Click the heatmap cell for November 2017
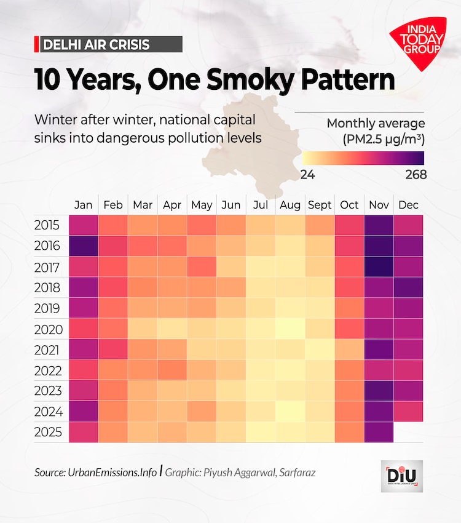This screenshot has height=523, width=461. pos(379,266)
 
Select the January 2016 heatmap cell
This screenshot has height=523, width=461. pos(84,246)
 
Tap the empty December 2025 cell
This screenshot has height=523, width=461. pos(408,432)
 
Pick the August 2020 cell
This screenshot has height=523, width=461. pos(290,329)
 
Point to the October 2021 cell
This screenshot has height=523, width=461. pos(349,349)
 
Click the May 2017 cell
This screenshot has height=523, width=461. pos(202,266)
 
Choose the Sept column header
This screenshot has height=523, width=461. pos(320,205)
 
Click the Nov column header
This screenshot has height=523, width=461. pos(379,205)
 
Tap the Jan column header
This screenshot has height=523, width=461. pos(84,205)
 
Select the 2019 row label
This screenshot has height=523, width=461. pos(48,308)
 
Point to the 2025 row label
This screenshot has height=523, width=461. pos(48,433)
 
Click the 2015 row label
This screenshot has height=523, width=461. pos(48,225)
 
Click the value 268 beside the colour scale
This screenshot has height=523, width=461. pos(416,175)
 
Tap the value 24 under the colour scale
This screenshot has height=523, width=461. pos(307,175)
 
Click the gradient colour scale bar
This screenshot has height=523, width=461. pos(363,158)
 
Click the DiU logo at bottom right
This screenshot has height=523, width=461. pos(401,476)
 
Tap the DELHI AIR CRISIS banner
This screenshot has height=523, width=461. pos(108,44)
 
